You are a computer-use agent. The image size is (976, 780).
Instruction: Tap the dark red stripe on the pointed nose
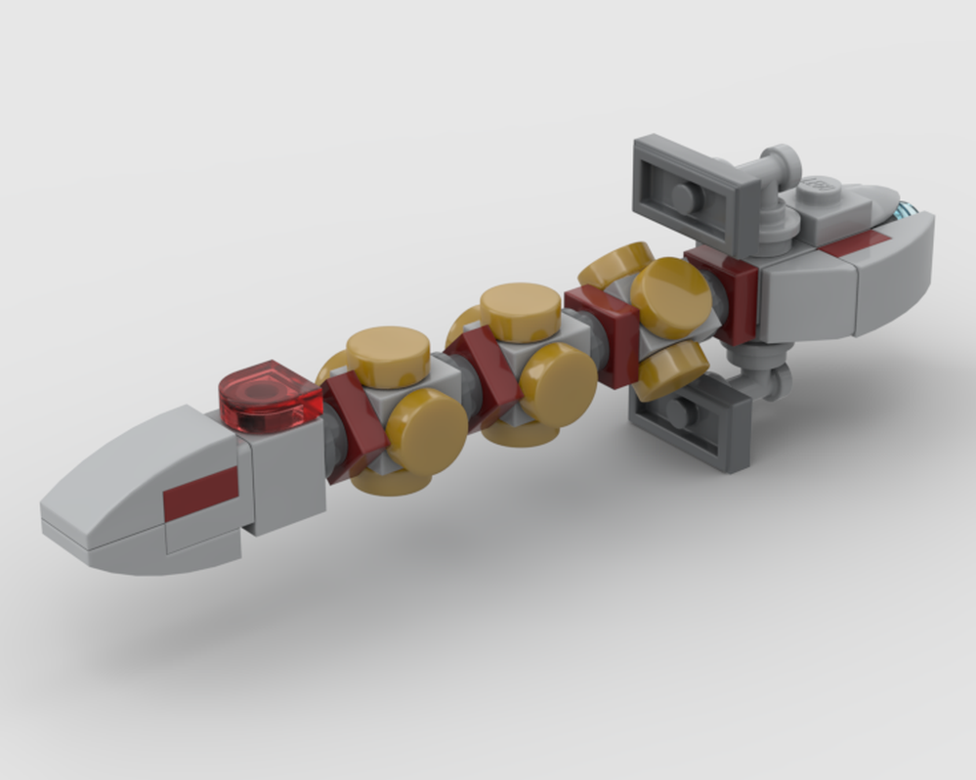pyautogui.click(x=200, y=493)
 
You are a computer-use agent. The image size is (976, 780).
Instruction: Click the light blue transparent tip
pyautogui.click(x=910, y=208)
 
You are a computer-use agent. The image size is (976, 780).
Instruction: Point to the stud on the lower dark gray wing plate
pyautogui.click(x=681, y=413)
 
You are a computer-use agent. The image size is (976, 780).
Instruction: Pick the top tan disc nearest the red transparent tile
pyautogui.click(x=388, y=352)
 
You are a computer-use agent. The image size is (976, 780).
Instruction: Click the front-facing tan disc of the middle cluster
pyautogui.click(x=558, y=381)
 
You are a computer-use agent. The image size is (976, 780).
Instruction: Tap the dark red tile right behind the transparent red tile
pyautogui.click(x=353, y=426)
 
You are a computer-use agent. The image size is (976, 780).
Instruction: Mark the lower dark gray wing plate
pyautogui.click(x=689, y=421)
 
